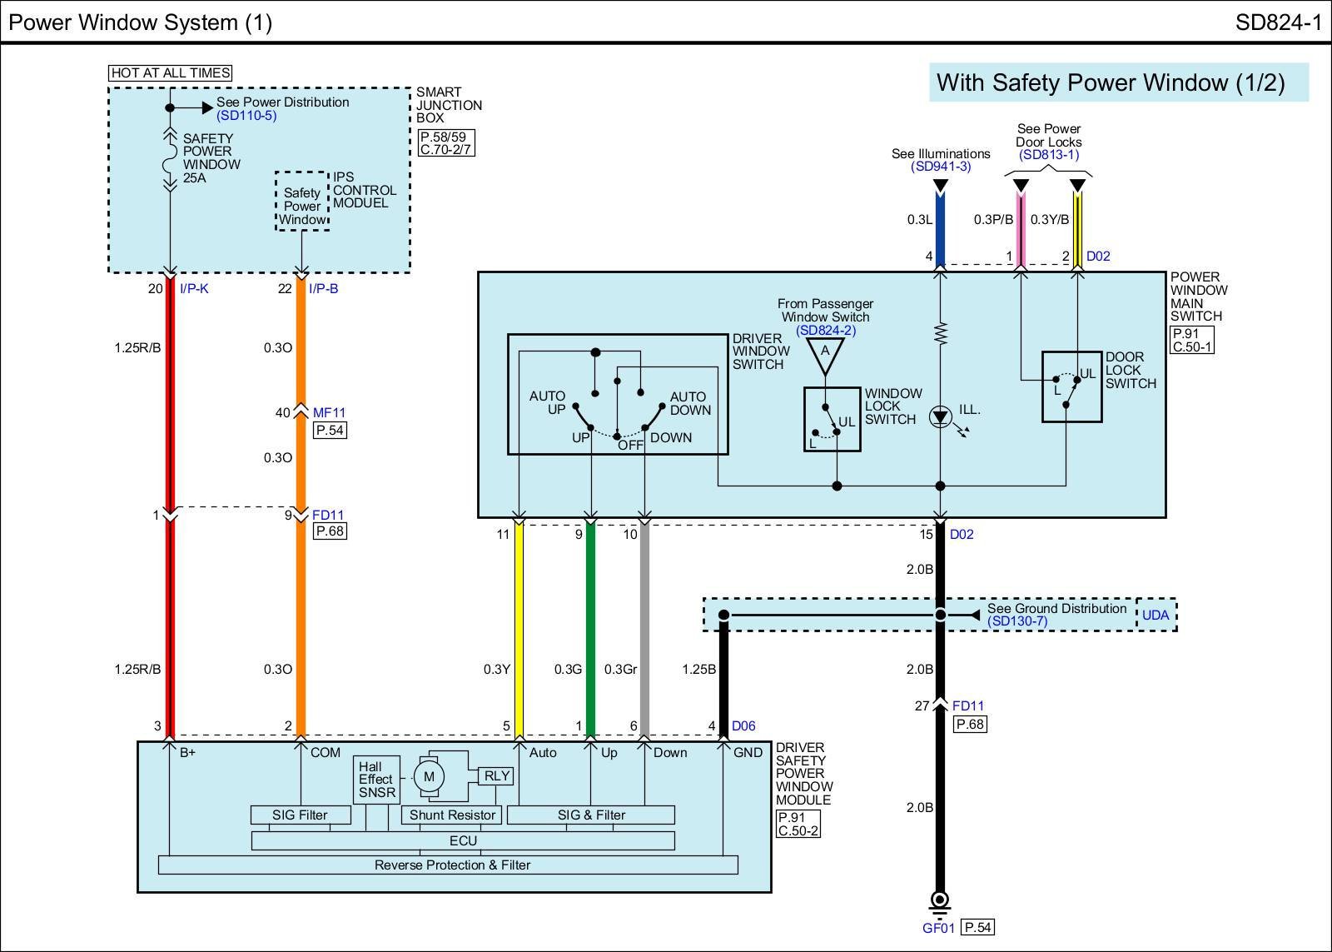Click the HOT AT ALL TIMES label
click(x=171, y=73)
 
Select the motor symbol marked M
click(x=429, y=777)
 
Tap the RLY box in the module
click(x=497, y=776)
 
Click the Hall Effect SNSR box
click(x=376, y=780)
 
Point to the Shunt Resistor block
click(x=452, y=815)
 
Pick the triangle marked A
click(x=825, y=352)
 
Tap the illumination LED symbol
click(x=941, y=416)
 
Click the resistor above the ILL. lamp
click(x=941, y=334)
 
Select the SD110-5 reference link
click(x=246, y=116)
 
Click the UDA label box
click(x=1156, y=616)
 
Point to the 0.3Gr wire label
click(x=620, y=670)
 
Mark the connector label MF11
click(x=329, y=412)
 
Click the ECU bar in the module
click(x=463, y=841)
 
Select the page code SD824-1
click(x=1278, y=22)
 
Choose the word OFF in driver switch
click(x=630, y=446)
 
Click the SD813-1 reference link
click(x=1048, y=155)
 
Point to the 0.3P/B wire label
click(x=993, y=220)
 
